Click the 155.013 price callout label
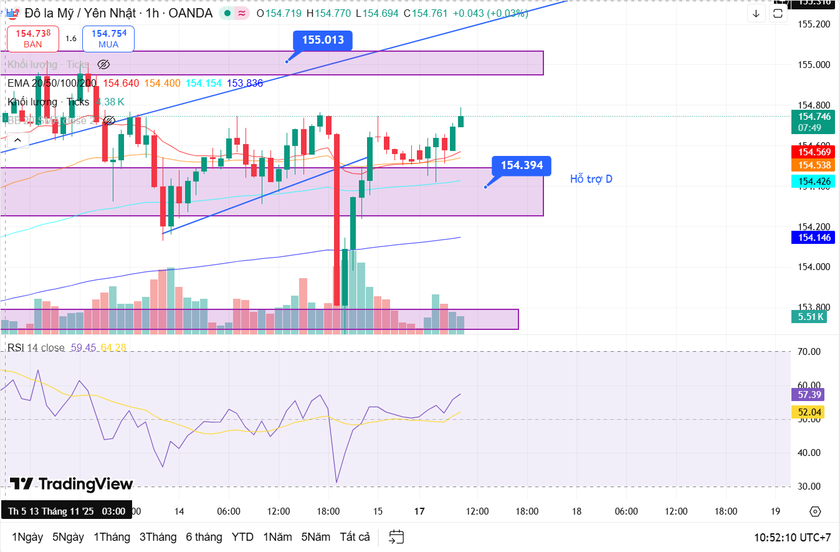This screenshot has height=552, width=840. pos(323,41)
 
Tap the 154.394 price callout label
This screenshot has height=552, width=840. pos(522,165)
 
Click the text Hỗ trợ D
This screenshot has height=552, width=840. pos(591,179)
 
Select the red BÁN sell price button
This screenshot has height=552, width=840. pos(33,39)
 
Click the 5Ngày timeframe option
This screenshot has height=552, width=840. pos(68,537)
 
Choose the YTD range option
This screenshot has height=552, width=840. pos(242,537)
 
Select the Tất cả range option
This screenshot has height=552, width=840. pos(355,537)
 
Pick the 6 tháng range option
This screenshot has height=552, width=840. pos(204,537)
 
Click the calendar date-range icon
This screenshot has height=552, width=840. pos(396,537)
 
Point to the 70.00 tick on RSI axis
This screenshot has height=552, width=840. pos(809,352)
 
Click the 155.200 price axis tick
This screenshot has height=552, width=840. pos(814,24)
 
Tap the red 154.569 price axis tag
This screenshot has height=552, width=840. pos(813,152)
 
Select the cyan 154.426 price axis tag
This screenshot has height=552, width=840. pos(813,182)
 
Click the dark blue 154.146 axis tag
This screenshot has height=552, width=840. pos(813,237)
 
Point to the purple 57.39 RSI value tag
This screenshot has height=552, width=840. pos(810,394)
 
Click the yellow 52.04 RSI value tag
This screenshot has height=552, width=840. pos(810,412)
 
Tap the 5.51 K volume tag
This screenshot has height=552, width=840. pos(811,316)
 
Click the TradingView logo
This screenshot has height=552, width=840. pos(71,484)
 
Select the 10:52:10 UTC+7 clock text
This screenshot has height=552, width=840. pos(792,537)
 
